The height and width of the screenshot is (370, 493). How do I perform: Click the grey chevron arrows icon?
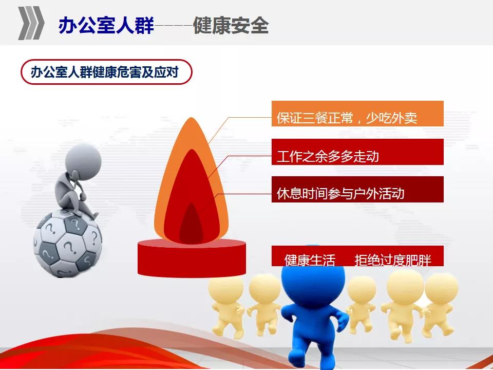[31, 23]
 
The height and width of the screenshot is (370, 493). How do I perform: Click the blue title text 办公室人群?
[106, 25]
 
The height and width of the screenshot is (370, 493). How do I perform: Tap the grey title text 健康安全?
[231, 25]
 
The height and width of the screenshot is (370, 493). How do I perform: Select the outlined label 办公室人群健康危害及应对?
[106, 72]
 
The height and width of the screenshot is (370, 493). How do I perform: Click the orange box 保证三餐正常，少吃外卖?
[357, 114]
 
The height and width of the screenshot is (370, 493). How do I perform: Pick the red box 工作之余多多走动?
[357, 152]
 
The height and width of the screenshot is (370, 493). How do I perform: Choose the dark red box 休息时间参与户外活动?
[357, 190]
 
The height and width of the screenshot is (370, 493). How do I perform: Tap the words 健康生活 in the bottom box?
[310, 260]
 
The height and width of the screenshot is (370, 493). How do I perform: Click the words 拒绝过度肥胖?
[393, 260]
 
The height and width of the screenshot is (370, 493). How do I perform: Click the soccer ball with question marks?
[68, 244]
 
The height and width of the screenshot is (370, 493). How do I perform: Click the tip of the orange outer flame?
[191, 118]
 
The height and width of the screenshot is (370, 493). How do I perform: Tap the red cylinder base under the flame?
[192, 258]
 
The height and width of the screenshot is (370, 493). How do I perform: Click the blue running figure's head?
[313, 277]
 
